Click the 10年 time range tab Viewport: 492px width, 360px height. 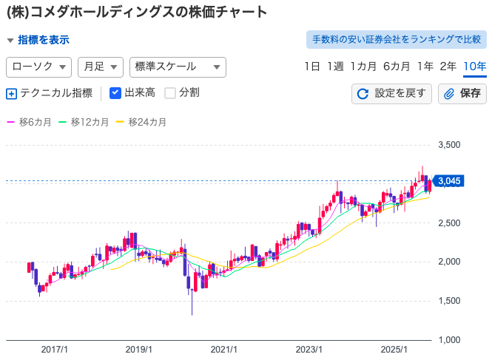[474, 67]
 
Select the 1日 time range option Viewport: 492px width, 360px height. [312, 67]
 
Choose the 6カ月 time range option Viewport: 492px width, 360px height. [397, 67]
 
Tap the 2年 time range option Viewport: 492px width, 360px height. [448, 67]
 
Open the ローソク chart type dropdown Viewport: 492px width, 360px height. [38, 67]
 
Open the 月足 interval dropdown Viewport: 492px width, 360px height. [100, 67]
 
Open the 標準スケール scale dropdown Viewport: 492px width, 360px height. [177, 67]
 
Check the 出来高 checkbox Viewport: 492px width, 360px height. [115, 93]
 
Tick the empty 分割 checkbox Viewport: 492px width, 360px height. [170, 93]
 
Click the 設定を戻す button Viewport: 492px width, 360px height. [392, 93]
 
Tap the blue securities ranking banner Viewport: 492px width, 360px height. [396, 39]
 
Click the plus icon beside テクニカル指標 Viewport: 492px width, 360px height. [11, 93]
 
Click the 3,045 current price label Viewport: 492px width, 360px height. [449, 180]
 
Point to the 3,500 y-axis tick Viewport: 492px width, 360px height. [449, 145]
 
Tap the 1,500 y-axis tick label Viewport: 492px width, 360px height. [449, 301]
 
